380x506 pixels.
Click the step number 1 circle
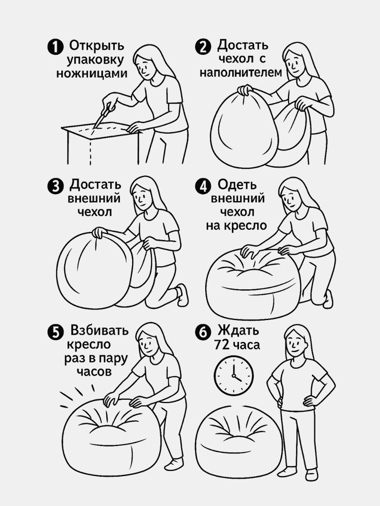pyautogui.click(x=55, y=46)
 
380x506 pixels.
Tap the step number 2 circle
pyautogui.click(x=204, y=46)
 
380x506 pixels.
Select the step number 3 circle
pyautogui.click(x=55, y=186)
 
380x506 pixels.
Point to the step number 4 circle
pyautogui.click(x=204, y=186)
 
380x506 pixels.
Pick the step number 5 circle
pyautogui.click(x=55, y=332)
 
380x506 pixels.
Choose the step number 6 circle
pyautogui.click(x=203, y=332)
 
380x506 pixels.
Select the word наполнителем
pyautogui.click(x=240, y=73)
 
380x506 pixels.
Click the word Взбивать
pyautogui.click(x=100, y=330)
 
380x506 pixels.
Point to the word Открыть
pyautogui.click(x=97, y=46)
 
